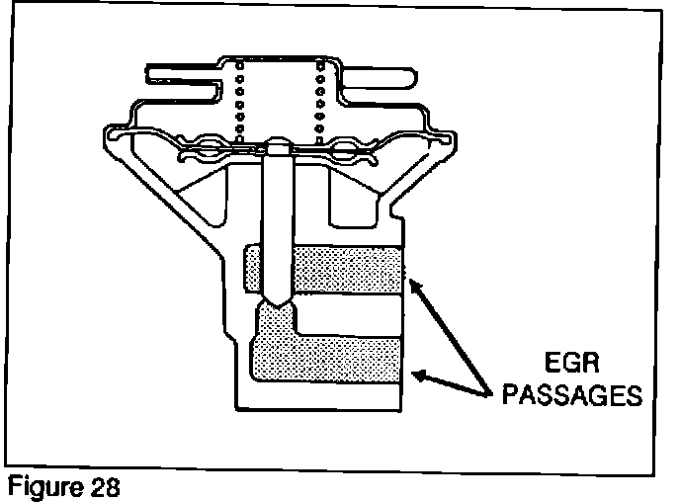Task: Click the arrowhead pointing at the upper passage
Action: click(x=414, y=284)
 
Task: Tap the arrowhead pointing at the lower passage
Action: click(x=418, y=376)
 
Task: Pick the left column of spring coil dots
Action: click(x=237, y=100)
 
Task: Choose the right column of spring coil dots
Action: click(x=318, y=100)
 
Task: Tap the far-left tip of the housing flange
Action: click(x=108, y=133)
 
